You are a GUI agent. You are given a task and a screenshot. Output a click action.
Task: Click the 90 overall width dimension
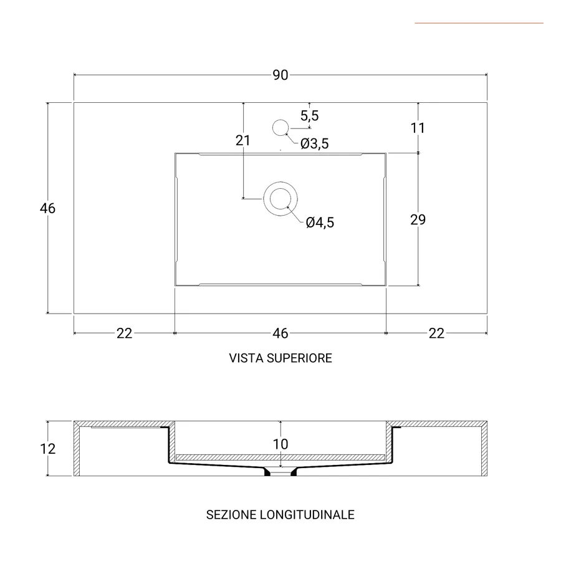280,75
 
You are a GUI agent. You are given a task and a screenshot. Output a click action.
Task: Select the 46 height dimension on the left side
48,208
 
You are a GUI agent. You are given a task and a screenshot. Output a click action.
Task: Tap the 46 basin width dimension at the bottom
280,333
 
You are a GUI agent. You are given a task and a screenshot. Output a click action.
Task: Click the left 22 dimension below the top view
125,333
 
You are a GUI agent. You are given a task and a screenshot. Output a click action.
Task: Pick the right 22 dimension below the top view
436,333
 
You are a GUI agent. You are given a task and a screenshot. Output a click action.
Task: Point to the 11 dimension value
418,128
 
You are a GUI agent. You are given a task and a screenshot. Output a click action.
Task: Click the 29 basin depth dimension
418,219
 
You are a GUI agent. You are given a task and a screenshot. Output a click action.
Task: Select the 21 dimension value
243,140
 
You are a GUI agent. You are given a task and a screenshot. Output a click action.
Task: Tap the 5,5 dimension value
310,115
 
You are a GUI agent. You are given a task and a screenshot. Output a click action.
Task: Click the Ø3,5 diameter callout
314,144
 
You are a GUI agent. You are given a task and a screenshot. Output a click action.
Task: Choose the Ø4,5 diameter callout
320,223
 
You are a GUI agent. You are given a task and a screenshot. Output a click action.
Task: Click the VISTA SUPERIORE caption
280,358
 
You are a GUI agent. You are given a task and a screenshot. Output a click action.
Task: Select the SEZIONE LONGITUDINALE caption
280,515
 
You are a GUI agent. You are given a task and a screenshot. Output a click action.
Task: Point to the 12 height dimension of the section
48,449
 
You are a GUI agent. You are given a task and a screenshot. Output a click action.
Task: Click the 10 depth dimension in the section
280,444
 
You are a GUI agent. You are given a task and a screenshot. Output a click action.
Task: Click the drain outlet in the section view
280,472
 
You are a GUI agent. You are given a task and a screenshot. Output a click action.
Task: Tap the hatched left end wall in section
77,449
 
